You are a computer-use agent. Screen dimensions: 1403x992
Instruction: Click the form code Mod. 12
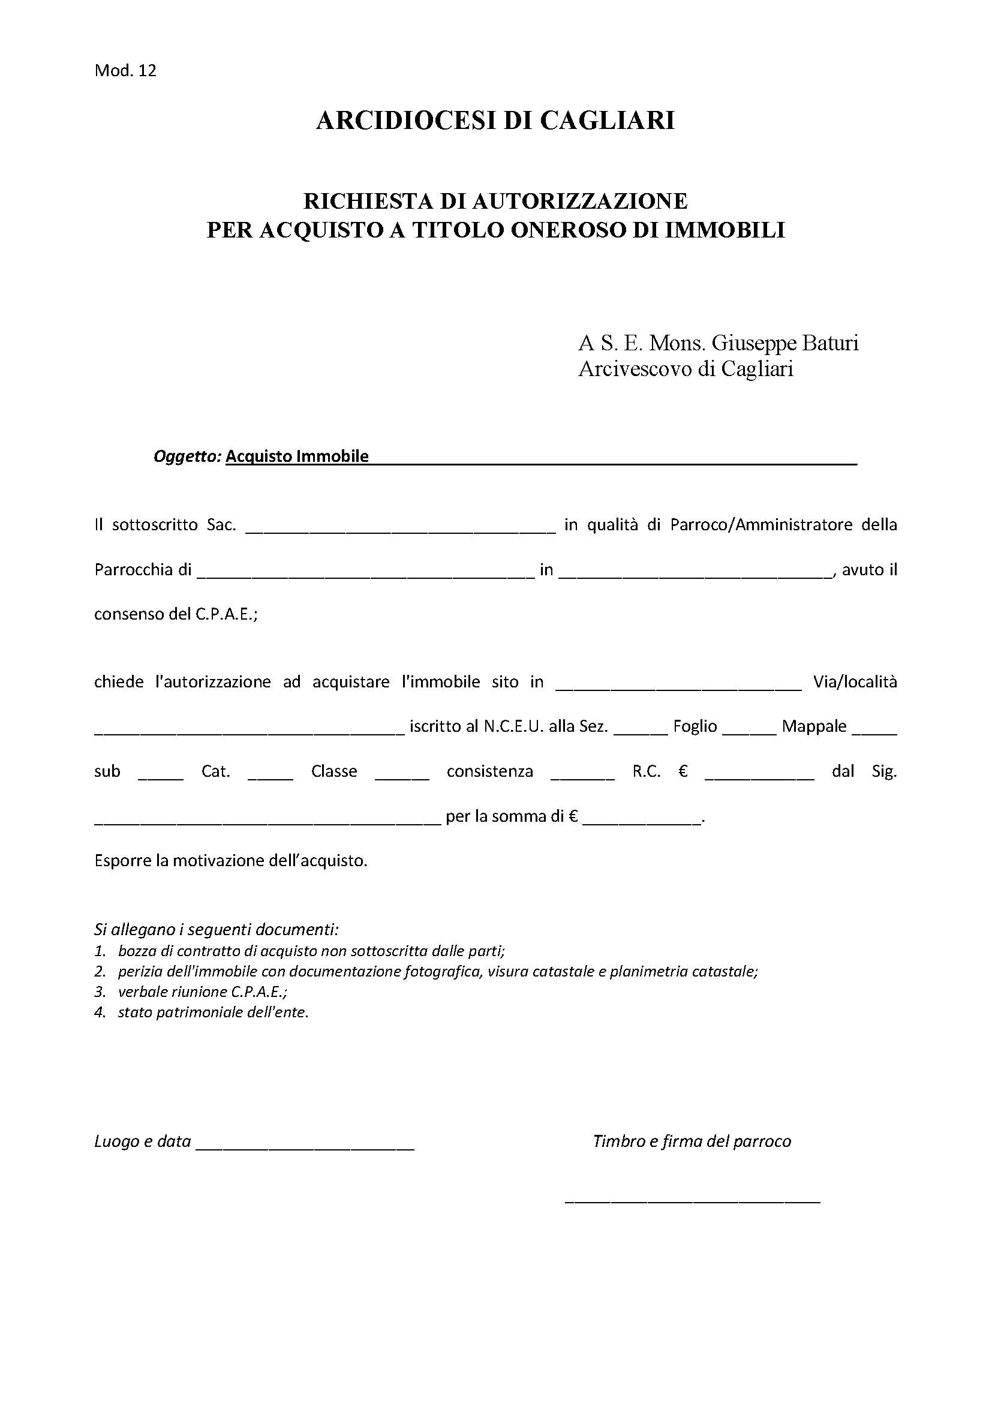tap(125, 71)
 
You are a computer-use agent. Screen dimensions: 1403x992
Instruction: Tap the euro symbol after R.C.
tap(683, 772)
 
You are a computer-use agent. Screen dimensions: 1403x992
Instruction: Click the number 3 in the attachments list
tap(99, 991)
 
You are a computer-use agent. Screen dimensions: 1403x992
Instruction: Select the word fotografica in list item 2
tap(442, 971)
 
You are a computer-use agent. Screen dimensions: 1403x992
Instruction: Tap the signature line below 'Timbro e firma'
tap(692, 1199)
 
